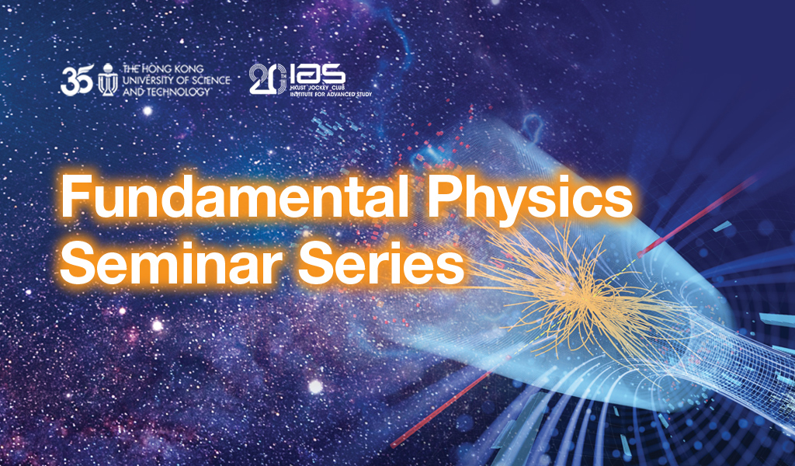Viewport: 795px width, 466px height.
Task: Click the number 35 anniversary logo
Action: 77,80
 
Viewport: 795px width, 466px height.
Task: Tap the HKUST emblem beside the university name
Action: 107,80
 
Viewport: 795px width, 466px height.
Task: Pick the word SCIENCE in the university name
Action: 208,80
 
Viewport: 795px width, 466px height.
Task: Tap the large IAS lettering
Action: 318,75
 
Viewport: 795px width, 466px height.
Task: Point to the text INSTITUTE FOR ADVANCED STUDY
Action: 331,94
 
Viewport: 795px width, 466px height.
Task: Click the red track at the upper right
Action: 698,216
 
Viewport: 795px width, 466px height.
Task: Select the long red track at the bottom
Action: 441,409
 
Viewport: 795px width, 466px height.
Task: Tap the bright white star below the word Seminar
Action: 315,387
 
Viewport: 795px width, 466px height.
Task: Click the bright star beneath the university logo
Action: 148,110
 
